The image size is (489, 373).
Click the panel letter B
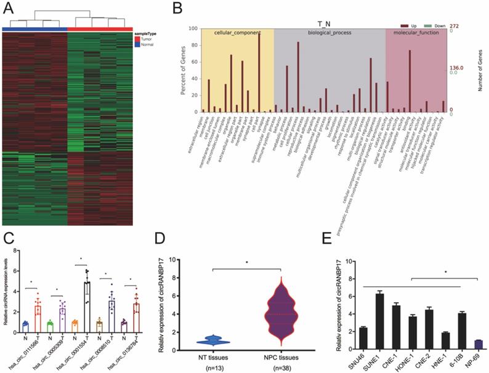(177, 9)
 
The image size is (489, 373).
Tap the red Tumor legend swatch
(137, 38)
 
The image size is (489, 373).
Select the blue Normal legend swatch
(137, 44)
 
